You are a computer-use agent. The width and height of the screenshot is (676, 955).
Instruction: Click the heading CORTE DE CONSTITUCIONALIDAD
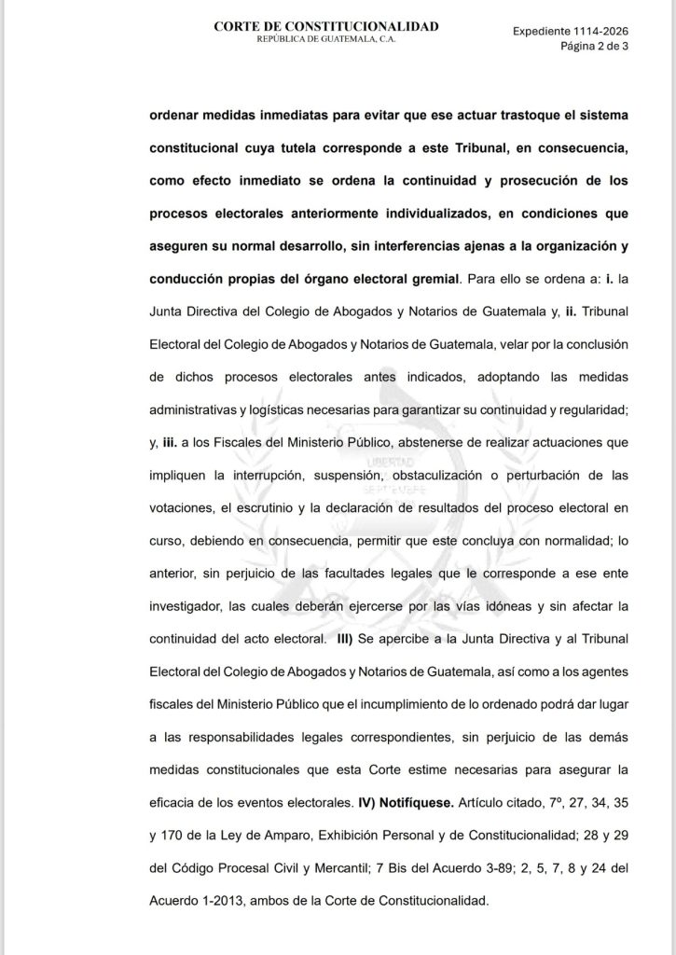325,27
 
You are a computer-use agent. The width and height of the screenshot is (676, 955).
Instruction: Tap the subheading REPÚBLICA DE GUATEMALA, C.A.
325,43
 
